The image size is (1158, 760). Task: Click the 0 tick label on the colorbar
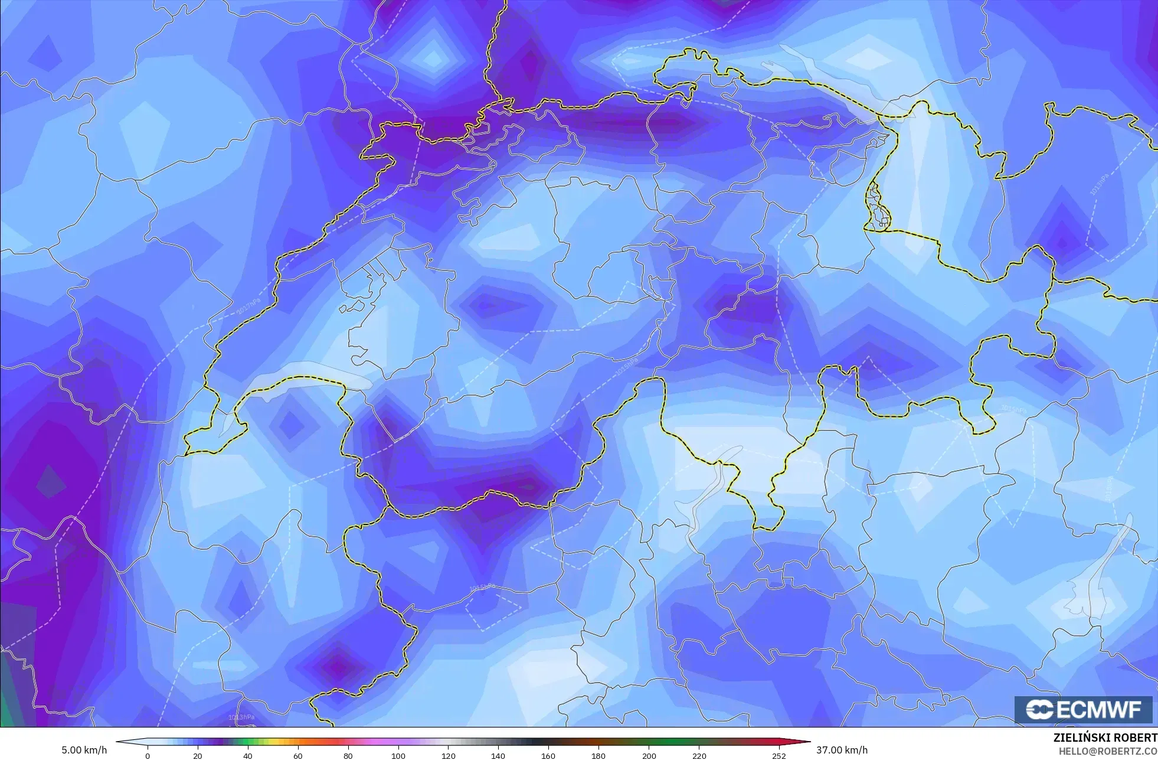point(148,755)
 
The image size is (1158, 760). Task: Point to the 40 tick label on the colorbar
point(248,755)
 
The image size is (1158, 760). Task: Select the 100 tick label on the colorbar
point(398,755)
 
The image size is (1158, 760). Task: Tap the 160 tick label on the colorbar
point(548,755)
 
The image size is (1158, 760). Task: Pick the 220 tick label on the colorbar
point(699,755)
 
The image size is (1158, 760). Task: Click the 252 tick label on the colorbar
point(779,755)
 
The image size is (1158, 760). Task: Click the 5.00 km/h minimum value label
point(84,750)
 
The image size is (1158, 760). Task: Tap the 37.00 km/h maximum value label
point(842,750)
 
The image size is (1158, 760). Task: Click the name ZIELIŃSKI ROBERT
point(1105,738)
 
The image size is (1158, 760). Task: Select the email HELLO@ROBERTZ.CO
point(1108,751)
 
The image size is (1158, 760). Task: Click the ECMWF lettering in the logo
point(1099,710)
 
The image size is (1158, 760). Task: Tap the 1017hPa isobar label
point(248,306)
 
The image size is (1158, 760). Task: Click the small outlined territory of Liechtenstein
point(878,207)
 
